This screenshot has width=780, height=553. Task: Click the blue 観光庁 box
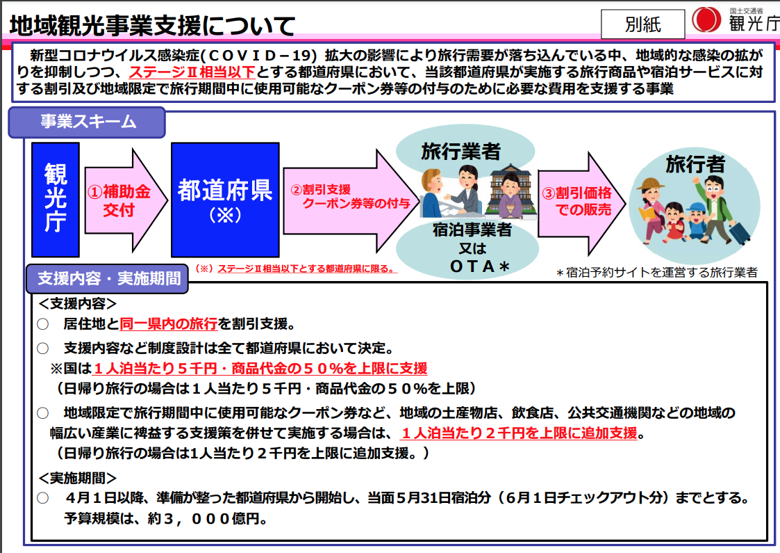pos(55,200)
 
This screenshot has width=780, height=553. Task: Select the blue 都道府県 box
pos(225,200)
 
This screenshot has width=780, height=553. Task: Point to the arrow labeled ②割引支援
pos(351,201)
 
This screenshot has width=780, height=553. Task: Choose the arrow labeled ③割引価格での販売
pos(581,203)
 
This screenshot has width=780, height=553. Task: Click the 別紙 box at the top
pos(642,24)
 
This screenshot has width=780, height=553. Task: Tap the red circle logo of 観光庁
pos(706,20)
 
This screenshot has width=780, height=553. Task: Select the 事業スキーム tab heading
pos(87,122)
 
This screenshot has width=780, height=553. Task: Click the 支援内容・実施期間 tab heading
pos(108,278)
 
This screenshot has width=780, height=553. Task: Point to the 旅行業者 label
pos(460,152)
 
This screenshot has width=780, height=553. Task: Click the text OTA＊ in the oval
pos(479,266)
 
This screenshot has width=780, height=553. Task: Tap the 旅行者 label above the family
pos(695,164)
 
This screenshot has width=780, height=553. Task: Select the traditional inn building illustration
pos(513,191)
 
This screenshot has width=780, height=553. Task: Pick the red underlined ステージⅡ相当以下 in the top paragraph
pos(192,72)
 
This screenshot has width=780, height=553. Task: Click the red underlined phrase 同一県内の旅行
pos(169,324)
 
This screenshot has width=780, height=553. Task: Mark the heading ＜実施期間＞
pos(77,479)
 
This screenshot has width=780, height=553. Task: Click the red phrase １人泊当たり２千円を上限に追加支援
pos(519,433)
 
